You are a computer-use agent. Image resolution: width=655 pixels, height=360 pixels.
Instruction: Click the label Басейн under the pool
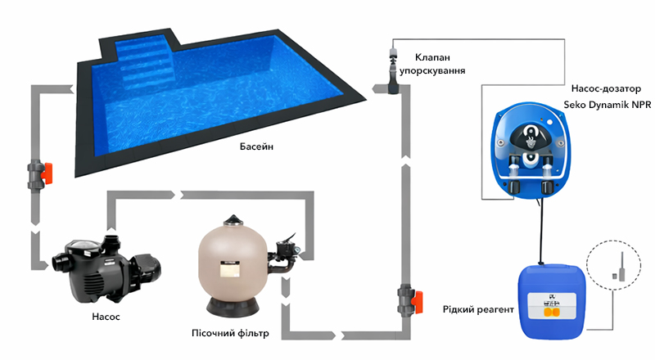(x=256, y=146)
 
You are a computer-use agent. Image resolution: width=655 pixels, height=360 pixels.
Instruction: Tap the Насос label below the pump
(x=106, y=317)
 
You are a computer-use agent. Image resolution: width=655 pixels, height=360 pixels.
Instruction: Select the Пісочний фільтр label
(x=230, y=333)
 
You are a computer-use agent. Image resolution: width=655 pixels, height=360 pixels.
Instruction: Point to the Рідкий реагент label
(x=478, y=309)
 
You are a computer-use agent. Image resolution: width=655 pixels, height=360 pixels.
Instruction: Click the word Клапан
(x=432, y=57)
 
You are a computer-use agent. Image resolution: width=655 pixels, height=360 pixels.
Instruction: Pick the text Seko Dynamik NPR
(x=607, y=105)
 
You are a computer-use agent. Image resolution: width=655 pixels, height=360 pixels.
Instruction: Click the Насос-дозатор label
(x=606, y=88)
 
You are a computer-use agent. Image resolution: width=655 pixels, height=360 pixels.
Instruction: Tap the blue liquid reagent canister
(x=551, y=301)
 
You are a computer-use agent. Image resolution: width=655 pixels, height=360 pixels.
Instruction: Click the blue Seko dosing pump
(x=530, y=151)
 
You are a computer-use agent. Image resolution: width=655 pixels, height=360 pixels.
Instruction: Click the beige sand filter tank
(x=233, y=268)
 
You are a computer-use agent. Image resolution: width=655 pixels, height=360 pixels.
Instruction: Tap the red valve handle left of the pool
(x=47, y=173)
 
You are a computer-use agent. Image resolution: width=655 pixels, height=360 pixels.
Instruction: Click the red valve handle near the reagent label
(x=417, y=303)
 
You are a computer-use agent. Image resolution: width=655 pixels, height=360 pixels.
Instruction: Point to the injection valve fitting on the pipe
(x=393, y=71)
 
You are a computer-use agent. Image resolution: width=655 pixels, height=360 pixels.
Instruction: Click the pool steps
(x=143, y=61)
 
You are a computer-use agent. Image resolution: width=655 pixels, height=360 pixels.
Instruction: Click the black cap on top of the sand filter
(x=233, y=220)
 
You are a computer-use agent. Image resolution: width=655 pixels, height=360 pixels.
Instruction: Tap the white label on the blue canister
(x=551, y=306)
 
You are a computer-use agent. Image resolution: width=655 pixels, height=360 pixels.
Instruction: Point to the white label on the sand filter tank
(x=230, y=269)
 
